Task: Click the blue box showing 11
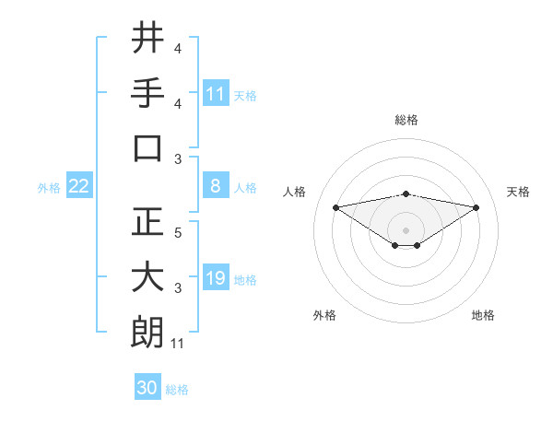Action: click(216, 93)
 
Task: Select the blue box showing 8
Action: click(216, 186)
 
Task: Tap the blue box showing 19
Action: click(216, 278)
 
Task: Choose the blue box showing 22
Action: click(79, 186)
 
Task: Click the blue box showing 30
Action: click(147, 388)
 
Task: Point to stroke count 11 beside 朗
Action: click(178, 345)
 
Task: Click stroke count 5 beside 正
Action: click(178, 233)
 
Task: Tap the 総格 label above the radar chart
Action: click(406, 120)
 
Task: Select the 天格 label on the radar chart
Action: click(519, 192)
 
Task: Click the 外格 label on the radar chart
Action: click(324, 315)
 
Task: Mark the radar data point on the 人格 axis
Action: click(336, 207)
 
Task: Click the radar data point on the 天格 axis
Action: click(477, 207)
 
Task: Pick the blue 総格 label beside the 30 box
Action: click(177, 390)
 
